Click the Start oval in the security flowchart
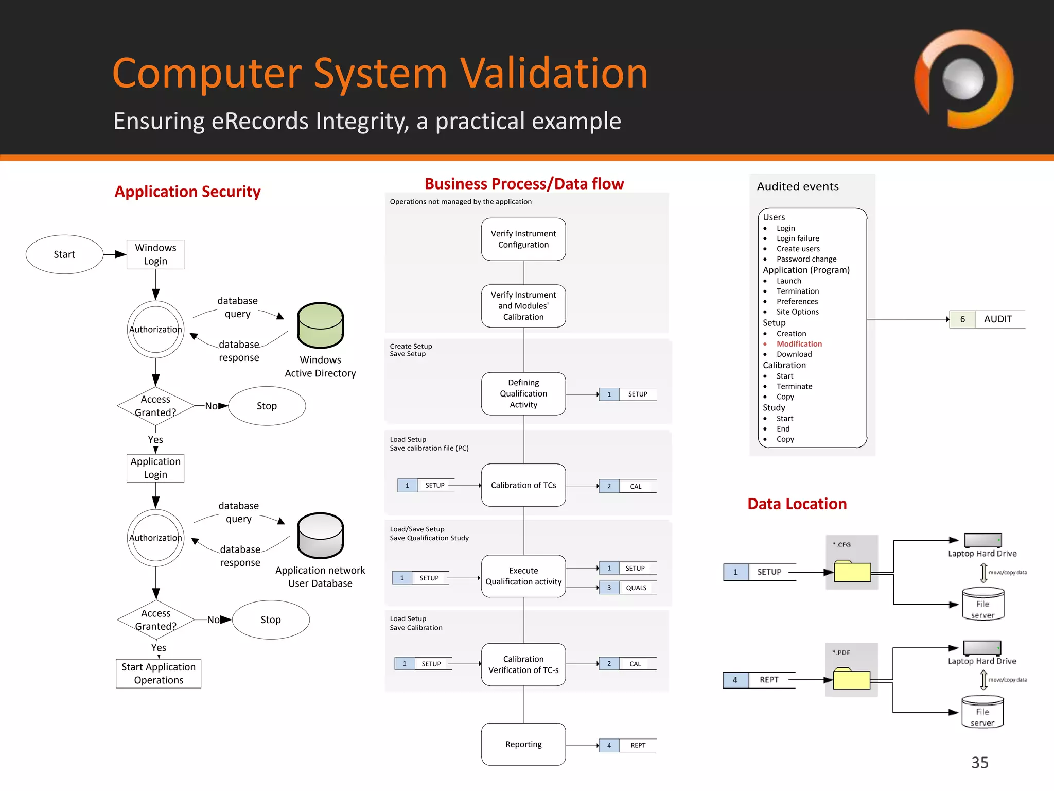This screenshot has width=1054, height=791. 64,254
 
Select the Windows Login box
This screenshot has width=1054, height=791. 155,254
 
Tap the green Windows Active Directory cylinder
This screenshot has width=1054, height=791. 321,325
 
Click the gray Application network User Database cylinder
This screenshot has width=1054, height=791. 321,536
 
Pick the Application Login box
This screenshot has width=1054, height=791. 155,468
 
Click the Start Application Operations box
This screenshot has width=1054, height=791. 159,674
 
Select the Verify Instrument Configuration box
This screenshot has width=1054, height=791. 523,239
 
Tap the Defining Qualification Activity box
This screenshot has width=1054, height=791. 523,394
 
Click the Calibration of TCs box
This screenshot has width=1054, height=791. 523,485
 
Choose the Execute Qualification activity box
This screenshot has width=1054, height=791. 523,576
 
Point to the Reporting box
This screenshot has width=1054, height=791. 523,744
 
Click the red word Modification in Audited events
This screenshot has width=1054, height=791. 799,344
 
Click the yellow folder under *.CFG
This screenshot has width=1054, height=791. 852,572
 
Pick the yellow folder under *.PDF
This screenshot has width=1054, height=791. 852,680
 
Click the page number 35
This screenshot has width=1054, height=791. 979,763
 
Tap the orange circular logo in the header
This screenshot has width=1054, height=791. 963,79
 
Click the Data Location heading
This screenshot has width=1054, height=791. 797,504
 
